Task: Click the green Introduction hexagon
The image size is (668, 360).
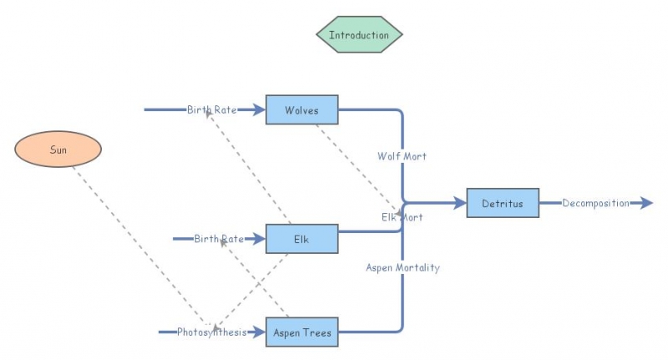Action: (x=359, y=35)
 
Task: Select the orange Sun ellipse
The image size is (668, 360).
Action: (x=58, y=150)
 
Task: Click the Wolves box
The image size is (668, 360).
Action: (x=301, y=110)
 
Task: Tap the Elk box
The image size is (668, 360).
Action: (x=301, y=239)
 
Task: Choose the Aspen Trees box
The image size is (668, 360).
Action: (x=301, y=332)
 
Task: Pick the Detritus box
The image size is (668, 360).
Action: (x=503, y=203)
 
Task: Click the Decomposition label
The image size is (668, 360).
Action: (x=595, y=203)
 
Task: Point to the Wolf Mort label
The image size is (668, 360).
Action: (x=402, y=156)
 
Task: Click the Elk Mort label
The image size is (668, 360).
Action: (x=402, y=217)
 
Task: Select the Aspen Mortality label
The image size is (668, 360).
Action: (x=402, y=267)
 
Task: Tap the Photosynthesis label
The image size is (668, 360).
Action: (x=211, y=332)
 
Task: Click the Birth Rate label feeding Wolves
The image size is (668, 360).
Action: (x=211, y=109)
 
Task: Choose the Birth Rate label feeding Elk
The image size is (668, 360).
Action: (x=219, y=239)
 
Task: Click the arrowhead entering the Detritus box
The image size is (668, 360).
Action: (x=460, y=203)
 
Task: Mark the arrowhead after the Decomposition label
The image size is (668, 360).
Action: (x=646, y=203)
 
